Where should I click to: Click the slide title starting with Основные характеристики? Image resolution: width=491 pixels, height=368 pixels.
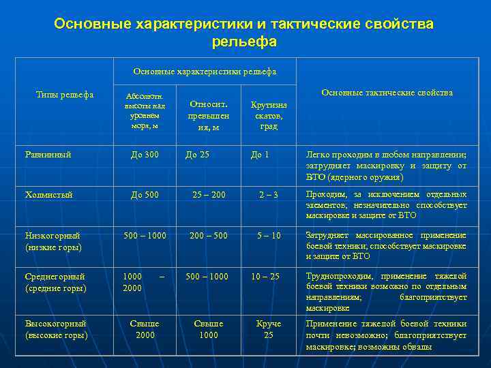tap(244, 33)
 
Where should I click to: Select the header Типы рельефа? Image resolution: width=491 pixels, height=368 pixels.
tap(64, 95)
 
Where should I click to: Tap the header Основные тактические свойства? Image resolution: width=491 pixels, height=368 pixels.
tap(387, 93)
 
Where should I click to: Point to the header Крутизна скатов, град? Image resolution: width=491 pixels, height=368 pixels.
tap(269, 116)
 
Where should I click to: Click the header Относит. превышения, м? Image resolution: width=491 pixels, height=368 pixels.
tap(208, 116)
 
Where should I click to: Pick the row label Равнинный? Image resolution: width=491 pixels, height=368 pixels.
tap(48, 155)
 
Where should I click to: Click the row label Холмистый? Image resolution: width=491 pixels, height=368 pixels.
tap(48, 194)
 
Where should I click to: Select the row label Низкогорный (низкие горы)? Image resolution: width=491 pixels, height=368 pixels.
tap(53, 241)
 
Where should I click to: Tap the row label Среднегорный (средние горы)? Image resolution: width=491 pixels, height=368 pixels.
tap(55, 282)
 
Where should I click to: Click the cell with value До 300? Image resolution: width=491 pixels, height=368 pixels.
tap(145, 155)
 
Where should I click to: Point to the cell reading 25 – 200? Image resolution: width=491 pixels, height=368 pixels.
tap(209, 194)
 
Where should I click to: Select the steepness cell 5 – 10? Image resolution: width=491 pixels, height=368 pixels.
tap(269, 235)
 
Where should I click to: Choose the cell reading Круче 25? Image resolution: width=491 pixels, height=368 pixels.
tap(269, 329)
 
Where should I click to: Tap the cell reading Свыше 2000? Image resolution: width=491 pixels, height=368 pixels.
tap(145, 329)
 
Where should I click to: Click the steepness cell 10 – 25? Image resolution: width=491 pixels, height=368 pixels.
tap(265, 276)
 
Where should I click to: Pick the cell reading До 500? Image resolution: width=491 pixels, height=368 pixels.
tap(145, 194)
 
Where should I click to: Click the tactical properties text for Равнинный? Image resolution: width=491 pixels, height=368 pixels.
tap(386, 166)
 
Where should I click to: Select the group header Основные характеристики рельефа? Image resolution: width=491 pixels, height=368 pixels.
tap(205, 71)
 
